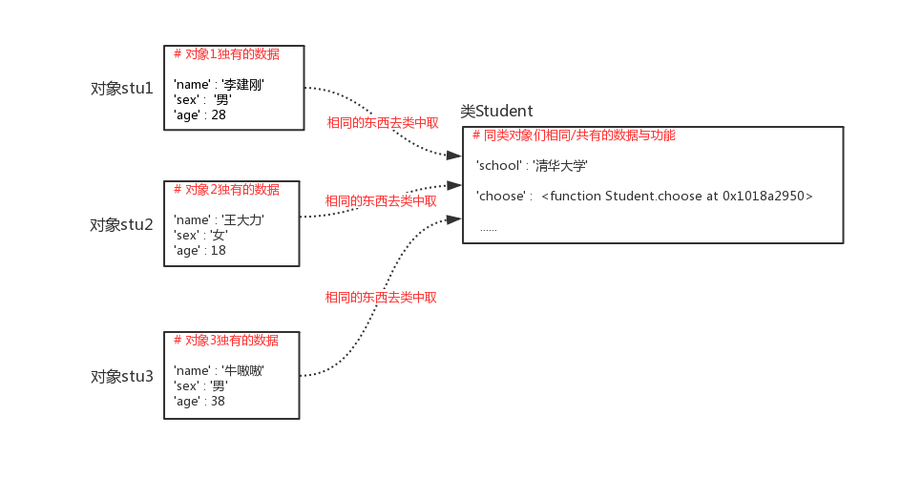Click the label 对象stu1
[x=121, y=89]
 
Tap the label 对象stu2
[x=121, y=225]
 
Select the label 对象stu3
[x=121, y=376]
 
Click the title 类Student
[x=496, y=112]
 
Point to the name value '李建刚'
[x=243, y=85]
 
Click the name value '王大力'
[x=242, y=220]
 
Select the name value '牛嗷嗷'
[x=242, y=370]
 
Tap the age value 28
[x=219, y=114]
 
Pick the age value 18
[x=219, y=250]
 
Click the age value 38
[x=219, y=401]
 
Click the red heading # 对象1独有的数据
[x=227, y=54]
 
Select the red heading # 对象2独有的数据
[x=227, y=190]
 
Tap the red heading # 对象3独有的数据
[x=226, y=341]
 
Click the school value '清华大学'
[x=560, y=166]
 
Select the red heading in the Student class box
[x=574, y=136]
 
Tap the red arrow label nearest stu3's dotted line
[x=381, y=298]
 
